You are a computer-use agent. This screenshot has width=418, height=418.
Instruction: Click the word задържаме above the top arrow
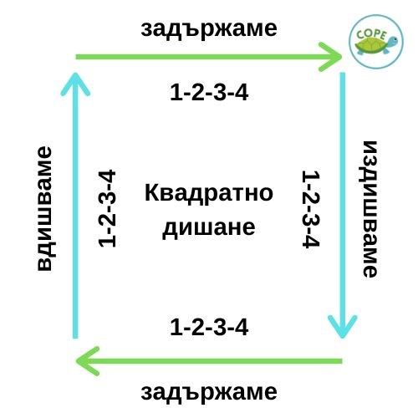209,29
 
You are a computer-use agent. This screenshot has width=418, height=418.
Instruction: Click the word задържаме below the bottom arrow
209,393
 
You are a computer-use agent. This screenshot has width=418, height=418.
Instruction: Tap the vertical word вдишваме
45,208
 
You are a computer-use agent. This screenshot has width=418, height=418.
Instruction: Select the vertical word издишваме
370,209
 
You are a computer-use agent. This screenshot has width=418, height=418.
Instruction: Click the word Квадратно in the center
209,193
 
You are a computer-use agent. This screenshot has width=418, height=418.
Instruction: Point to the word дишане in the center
209,228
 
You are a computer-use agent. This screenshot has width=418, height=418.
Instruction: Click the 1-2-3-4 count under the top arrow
209,93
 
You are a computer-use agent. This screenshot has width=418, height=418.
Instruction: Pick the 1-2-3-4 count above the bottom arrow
209,327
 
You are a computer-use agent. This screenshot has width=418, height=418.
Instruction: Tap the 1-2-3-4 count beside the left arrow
107,208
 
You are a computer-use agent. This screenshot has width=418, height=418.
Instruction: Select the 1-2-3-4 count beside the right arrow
311,209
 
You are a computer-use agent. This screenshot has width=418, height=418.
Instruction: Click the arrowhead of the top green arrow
341,57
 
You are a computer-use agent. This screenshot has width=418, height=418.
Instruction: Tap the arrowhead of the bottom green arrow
77,361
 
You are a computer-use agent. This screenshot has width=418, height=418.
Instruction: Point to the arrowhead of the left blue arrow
75,74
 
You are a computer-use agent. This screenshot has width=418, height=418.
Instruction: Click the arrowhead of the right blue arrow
343,338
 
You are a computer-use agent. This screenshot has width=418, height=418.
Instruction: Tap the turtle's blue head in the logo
392,41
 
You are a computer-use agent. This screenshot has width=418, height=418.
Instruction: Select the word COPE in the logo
372,35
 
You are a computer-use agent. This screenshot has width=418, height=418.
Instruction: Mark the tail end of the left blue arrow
75,338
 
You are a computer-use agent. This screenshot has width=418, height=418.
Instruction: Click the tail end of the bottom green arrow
341,361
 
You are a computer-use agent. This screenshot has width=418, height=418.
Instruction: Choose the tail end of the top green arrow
77,57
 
